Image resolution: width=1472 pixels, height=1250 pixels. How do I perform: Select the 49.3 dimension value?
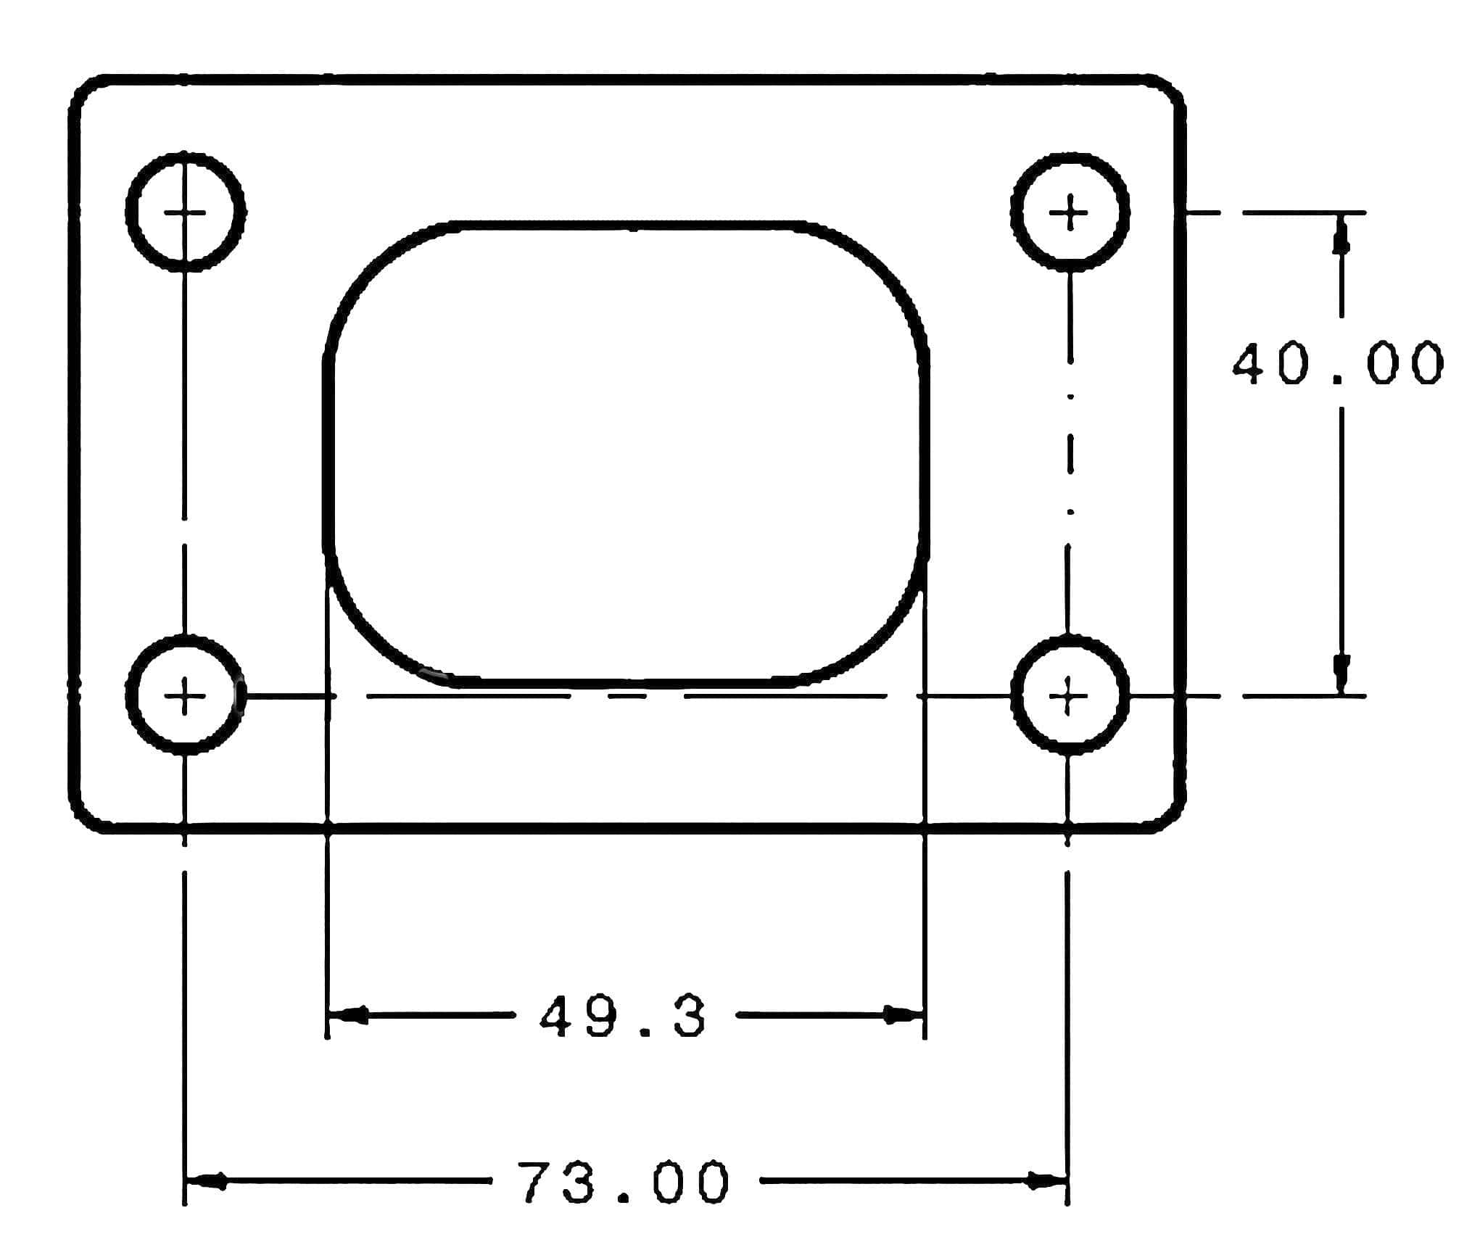point(622,1017)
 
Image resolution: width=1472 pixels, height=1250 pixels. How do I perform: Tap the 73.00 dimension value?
point(625,1183)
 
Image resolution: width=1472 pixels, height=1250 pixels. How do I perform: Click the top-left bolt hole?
point(185,212)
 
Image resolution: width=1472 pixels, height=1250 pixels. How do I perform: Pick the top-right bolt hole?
point(1070,212)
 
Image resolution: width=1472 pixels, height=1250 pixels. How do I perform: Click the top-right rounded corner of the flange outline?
point(1170,88)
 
